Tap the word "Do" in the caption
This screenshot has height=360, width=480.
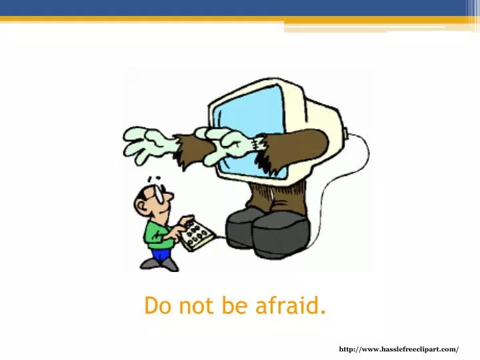point(157,306)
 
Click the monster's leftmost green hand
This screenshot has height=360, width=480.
point(145,143)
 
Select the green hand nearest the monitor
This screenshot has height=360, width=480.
point(230,140)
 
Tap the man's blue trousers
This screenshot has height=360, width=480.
point(161,254)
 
